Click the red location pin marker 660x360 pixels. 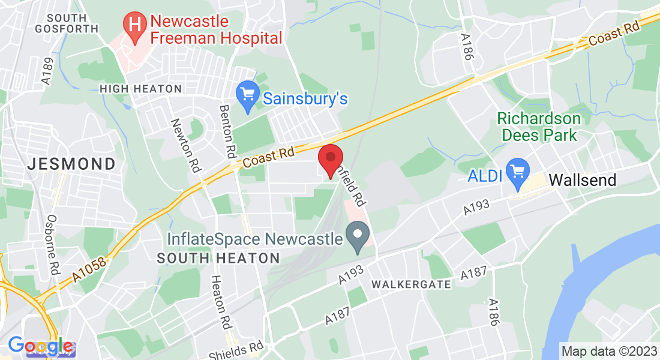click(x=330, y=159)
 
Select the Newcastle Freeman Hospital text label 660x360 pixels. click(x=216, y=29)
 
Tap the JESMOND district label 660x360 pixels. click(x=72, y=164)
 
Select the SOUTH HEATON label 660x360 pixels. click(x=218, y=259)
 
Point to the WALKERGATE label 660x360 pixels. click(x=411, y=284)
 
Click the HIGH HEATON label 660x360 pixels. click(x=140, y=89)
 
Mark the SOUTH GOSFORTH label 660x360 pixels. click(x=66, y=23)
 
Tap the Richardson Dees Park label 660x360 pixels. click(x=539, y=127)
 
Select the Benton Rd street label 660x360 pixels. click(x=227, y=130)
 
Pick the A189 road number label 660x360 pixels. click(x=48, y=70)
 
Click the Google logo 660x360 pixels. click(x=41, y=346)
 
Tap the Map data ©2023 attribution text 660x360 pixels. click(x=608, y=351)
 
